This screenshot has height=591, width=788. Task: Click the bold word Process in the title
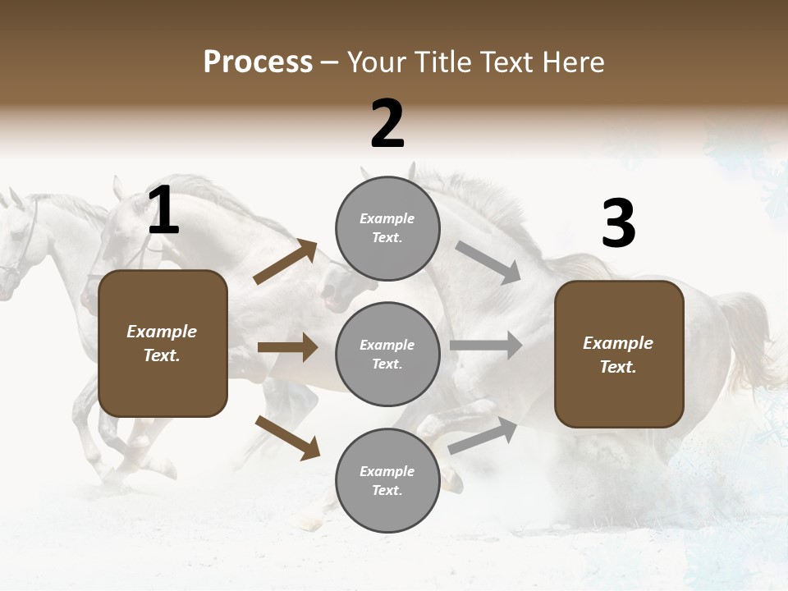[x=258, y=62]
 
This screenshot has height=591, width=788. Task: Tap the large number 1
[x=163, y=211]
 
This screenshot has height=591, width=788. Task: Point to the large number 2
[x=387, y=124]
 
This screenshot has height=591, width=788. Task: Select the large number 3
[x=618, y=224]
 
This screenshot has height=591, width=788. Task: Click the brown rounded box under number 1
[x=163, y=343]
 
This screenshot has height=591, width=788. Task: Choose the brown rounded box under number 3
[x=619, y=355]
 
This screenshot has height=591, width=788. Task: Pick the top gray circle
[x=387, y=228]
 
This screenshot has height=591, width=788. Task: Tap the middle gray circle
[x=387, y=354]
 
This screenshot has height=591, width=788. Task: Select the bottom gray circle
[x=387, y=480]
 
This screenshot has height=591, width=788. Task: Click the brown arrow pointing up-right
[x=285, y=262]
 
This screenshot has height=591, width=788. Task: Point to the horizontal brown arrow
[x=287, y=347]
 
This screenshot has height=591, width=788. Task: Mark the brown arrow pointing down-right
[x=287, y=437]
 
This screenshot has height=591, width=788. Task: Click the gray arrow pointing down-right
[x=488, y=262]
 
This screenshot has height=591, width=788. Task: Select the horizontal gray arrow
[x=486, y=346]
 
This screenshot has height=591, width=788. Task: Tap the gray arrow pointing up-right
[x=483, y=436]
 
